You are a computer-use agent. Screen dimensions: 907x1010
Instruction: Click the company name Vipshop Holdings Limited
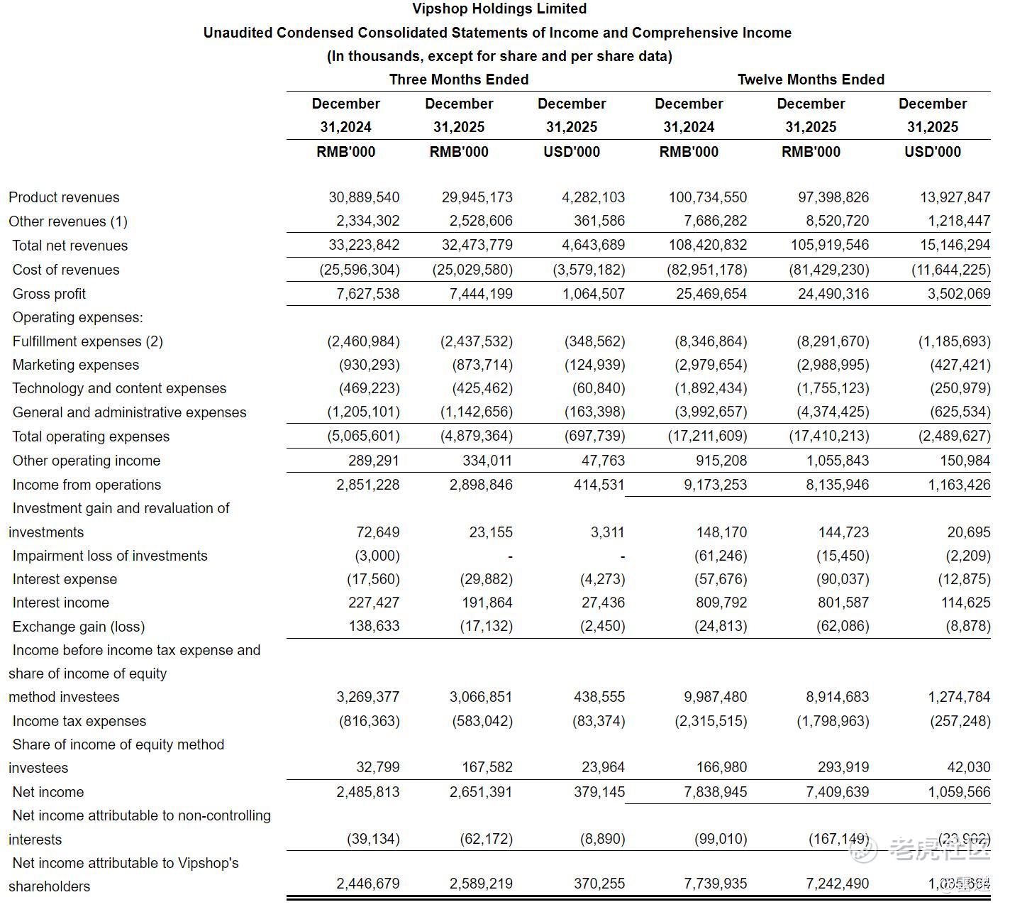(499, 9)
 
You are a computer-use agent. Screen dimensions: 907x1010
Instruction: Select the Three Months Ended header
(459, 79)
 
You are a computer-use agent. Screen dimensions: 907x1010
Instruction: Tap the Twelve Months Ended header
(811, 79)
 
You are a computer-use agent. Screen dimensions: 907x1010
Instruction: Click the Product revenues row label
(64, 197)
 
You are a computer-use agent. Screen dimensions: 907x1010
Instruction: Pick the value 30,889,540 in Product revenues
(364, 197)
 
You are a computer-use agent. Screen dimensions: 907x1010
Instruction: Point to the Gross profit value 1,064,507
(594, 294)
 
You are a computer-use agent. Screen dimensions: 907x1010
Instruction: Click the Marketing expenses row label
(76, 365)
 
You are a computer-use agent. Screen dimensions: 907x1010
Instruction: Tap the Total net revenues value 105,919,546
(830, 245)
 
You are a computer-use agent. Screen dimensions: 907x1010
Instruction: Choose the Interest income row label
(61, 603)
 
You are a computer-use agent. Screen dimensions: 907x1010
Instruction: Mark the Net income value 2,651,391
(481, 792)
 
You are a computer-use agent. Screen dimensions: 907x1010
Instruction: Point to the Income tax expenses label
(79, 721)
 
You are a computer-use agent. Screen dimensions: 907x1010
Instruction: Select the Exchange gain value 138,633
(374, 626)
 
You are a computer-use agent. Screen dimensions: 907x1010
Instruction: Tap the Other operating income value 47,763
(603, 461)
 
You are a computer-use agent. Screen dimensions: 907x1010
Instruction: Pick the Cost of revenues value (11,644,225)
(950, 270)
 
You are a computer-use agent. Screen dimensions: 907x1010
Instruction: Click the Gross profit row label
(49, 294)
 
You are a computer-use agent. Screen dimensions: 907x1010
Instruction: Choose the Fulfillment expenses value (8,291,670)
(833, 341)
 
